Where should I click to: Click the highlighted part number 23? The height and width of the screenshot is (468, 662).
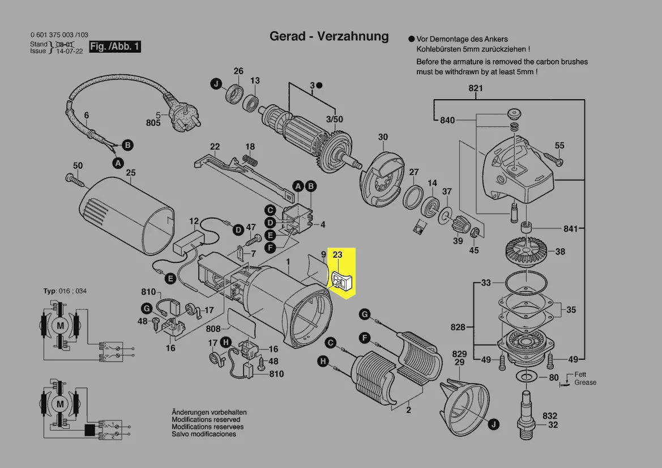(x=338, y=255)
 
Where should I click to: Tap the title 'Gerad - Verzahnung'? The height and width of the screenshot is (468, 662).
(x=329, y=37)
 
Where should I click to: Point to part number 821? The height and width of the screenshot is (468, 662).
(x=476, y=88)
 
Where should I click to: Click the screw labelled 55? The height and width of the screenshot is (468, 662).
(x=553, y=158)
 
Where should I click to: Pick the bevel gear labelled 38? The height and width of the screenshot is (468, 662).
(x=528, y=249)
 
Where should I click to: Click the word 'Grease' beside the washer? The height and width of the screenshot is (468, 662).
(x=585, y=382)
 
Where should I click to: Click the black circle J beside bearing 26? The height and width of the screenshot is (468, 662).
(x=216, y=84)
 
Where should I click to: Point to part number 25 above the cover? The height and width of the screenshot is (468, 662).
(x=131, y=172)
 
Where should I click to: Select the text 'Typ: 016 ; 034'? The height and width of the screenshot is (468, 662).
(x=65, y=291)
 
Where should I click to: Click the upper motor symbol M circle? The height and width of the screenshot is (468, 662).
(x=60, y=325)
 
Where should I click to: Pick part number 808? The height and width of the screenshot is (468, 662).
(x=213, y=329)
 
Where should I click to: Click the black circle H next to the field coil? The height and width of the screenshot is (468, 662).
(x=323, y=361)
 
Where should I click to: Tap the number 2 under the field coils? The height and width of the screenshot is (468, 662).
(x=408, y=410)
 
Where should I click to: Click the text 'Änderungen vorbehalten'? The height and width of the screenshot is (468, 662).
(x=210, y=412)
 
